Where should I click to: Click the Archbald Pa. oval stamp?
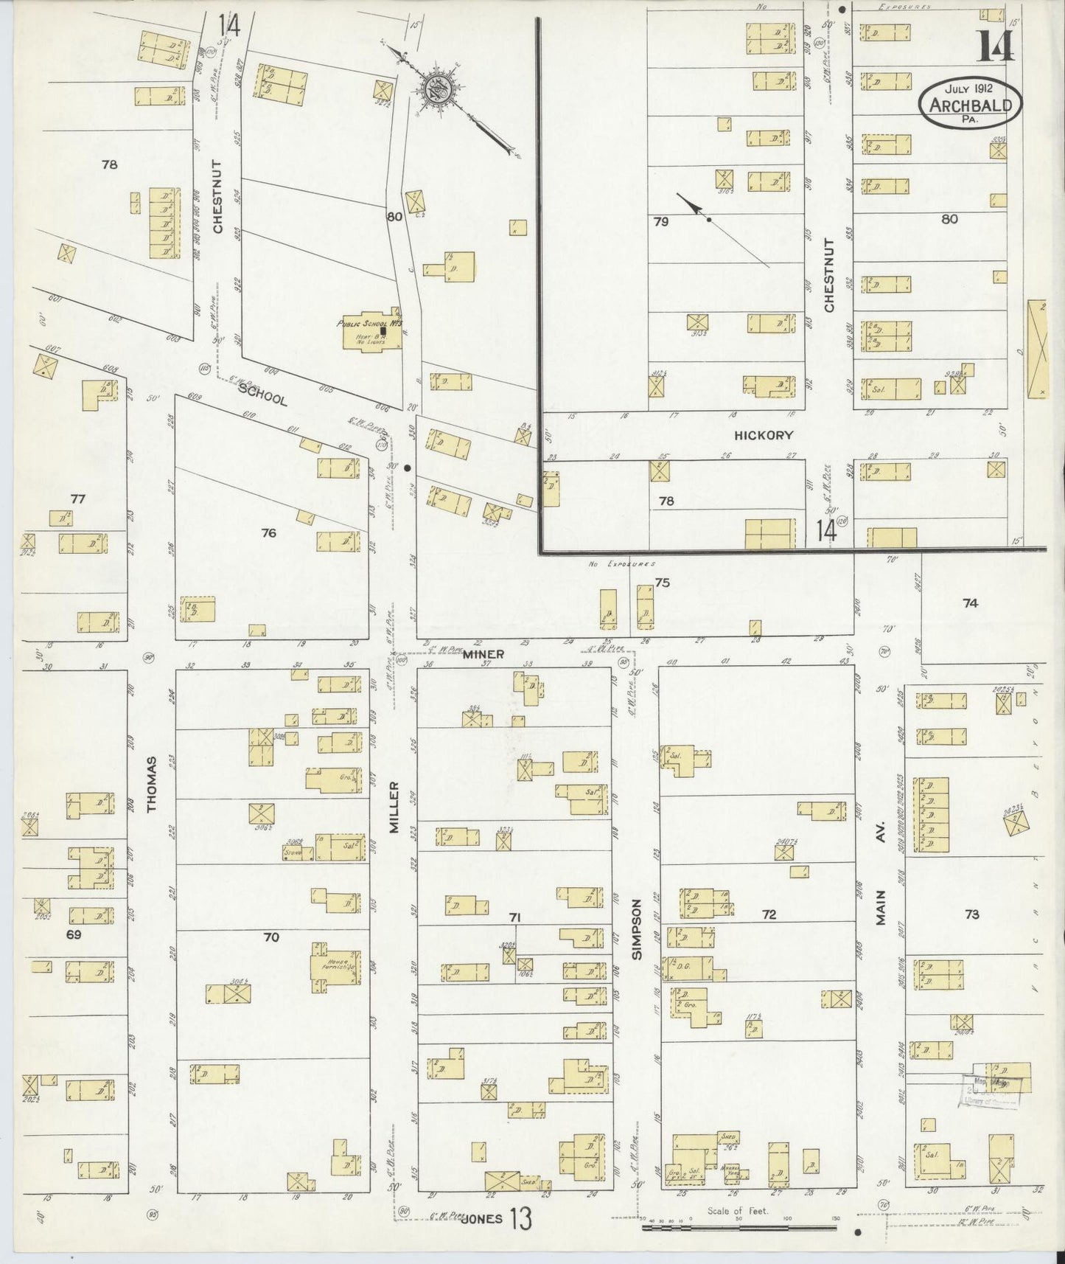[x=969, y=103]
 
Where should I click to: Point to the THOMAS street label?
[x=153, y=784]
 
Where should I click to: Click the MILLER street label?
[x=394, y=808]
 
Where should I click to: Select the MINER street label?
[x=483, y=654]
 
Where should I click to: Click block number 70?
[x=271, y=937]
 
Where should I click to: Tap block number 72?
[x=769, y=914]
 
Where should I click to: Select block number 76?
[x=269, y=532]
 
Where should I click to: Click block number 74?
[x=970, y=603]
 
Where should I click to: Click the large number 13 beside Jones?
[x=520, y=1219]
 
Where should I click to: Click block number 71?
[x=515, y=917]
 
